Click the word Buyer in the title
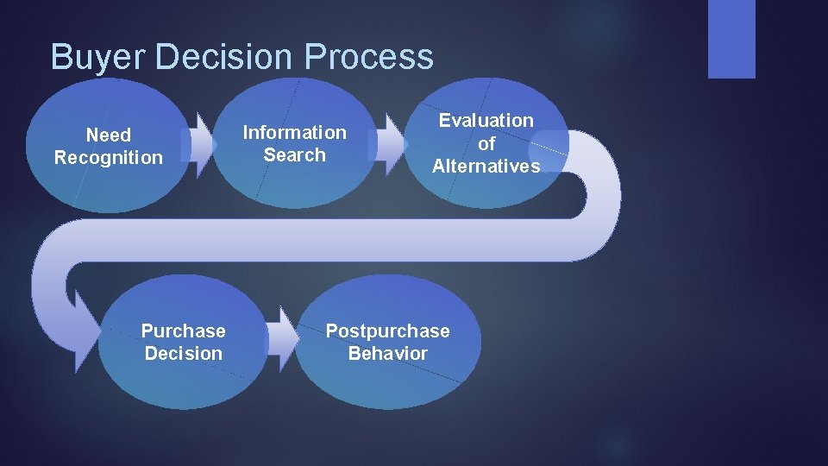point(85,57)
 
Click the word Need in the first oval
point(109,135)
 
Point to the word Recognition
point(108,158)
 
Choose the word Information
point(294,133)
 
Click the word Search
point(294,155)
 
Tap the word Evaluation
point(486,121)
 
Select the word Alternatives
point(486,167)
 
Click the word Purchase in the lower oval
point(183,331)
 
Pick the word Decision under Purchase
point(183,354)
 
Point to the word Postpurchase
point(387,331)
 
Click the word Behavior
point(387,354)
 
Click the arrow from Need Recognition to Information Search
point(201,145)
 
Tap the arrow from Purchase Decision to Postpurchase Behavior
point(281,340)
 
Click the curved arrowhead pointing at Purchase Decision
point(84,332)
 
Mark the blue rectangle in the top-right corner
point(731,38)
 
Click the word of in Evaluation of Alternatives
point(486,144)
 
